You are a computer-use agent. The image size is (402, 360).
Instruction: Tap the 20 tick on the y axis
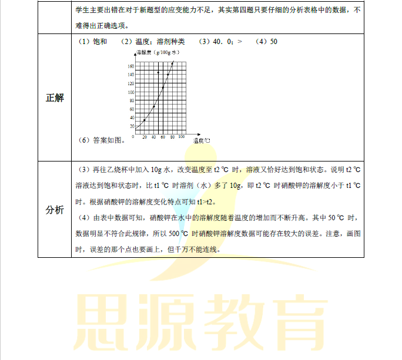pos(132,125)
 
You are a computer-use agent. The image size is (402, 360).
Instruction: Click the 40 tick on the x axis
pos(153,137)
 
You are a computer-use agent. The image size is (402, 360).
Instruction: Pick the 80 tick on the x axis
pos(172,137)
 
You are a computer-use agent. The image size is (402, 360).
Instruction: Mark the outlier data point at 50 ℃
pos(158,73)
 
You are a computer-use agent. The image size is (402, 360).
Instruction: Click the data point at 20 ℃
pos(144,120)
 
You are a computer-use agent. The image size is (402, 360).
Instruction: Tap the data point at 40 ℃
pos(153,106)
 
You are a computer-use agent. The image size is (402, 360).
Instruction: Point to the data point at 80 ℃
pos(172,63)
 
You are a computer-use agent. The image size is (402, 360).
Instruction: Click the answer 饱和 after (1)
pos(101,42)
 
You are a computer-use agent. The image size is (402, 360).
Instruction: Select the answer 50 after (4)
pos(274,42)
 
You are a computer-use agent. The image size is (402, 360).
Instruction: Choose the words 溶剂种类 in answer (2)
pos(171,42)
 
